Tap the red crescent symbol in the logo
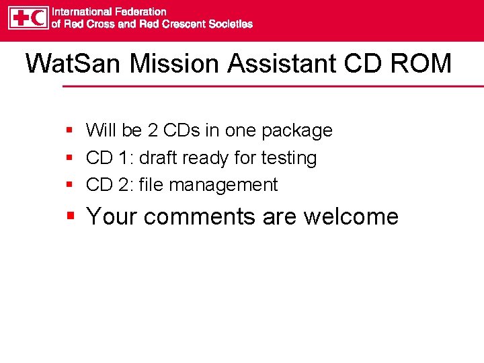[38, 17]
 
